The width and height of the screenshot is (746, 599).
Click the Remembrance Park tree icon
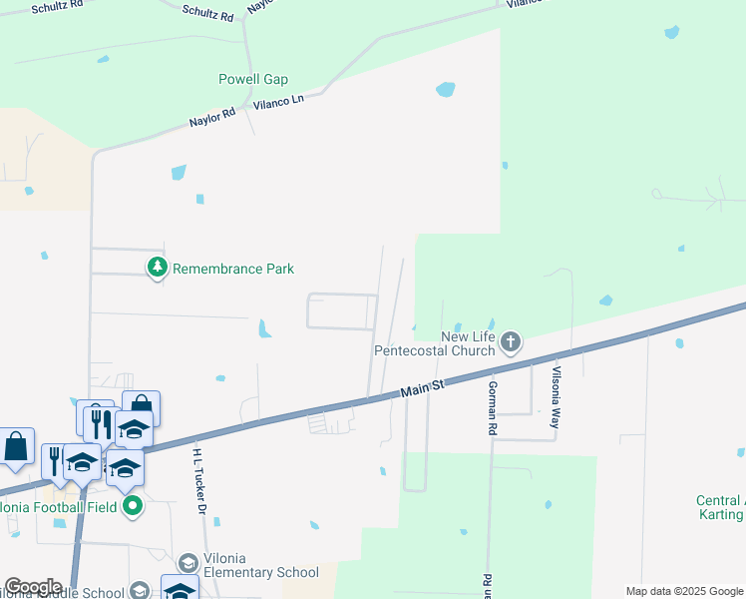(157, 268)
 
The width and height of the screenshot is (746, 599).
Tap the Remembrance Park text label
(233, 269)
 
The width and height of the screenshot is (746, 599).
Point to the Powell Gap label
(253, 80)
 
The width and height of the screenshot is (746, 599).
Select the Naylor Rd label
(212, 117)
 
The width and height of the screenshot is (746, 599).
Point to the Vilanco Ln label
(278, 102)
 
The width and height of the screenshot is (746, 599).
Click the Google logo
(33, 587)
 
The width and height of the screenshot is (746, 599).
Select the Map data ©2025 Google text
(683, 591)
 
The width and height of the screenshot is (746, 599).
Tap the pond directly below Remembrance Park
(263, 327)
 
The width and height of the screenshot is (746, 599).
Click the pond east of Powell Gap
(445, 90)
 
